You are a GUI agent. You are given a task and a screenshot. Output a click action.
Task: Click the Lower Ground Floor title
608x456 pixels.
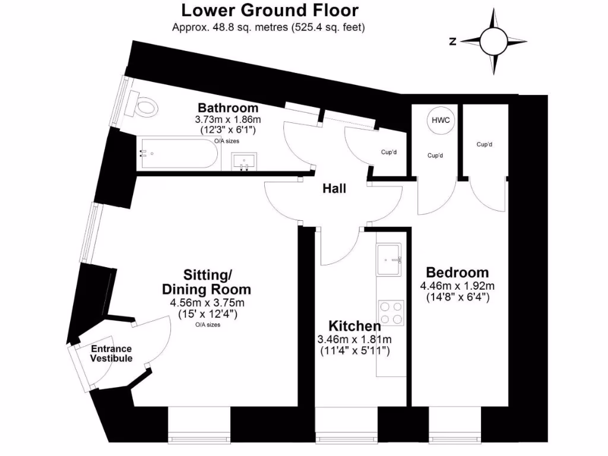click(270, 10)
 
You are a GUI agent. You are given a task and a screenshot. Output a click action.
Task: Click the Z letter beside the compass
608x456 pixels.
click(452, 41)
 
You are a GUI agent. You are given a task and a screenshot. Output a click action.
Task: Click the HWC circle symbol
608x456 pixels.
click(441, 121)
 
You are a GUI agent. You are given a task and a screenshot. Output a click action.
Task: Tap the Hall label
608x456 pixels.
click(334, 189)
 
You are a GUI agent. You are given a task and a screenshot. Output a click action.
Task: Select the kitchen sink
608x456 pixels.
click(390, 260)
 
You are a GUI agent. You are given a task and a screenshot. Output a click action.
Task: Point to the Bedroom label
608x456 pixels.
click(457, 273)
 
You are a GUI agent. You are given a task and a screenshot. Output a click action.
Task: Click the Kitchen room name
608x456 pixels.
click(354, 326)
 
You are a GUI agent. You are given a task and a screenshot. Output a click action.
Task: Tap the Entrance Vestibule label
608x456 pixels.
click(111, 354)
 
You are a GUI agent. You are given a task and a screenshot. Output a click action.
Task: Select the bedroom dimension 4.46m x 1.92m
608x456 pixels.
click(457, 286)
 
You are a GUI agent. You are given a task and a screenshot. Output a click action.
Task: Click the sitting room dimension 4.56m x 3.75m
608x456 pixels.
click(206, 303)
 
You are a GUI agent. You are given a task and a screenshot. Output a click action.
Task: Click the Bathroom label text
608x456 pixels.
click(228, 108)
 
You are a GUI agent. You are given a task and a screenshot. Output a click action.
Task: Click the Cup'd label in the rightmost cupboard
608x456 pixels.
click(484, 144)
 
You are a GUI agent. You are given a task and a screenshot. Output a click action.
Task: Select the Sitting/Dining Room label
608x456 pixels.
click(206, 283)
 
